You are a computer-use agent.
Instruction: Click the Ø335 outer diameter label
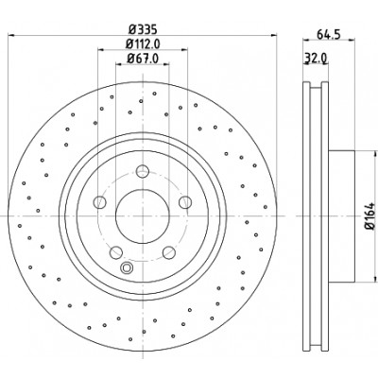point(143,30)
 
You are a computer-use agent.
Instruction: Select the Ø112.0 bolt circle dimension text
point(143,43)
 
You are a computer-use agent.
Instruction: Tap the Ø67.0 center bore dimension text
point(143,59)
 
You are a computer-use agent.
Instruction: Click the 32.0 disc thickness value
point(317,58)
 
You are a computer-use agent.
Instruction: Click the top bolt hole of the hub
point(143,171)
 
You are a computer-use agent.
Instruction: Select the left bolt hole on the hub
point(100,202)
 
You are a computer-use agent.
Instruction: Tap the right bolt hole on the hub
point(185,202)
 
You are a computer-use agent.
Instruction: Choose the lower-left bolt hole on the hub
point(116,252)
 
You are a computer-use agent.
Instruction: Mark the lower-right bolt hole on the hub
point(169,252)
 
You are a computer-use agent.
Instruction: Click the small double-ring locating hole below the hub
point(127,267)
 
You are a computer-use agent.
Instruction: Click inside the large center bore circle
point(143,215)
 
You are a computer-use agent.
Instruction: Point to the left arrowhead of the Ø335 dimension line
point(11,35)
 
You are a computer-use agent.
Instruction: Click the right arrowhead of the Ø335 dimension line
point(273,35)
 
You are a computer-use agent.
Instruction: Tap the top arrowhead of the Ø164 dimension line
point(375,154)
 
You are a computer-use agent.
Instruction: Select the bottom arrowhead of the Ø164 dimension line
point(375,278)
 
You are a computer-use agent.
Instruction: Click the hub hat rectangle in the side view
point(342,216)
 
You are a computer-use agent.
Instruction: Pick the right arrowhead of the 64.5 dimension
point(352,40)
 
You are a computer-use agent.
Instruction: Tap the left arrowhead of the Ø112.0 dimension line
point(101,49)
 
